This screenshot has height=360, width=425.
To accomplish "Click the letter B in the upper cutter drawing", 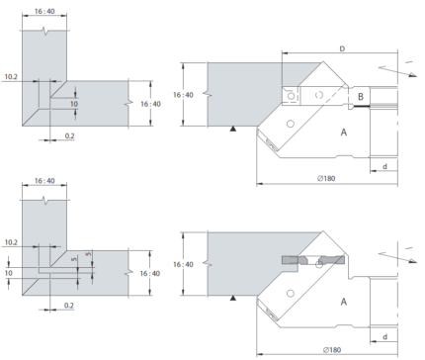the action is pyautogui.click(x=361, y=97).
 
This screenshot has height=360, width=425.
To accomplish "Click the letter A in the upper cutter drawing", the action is pyautogui.click(x=344, y=133).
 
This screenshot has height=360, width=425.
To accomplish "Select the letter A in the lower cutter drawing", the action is pyautogui.click(x=344, y=302).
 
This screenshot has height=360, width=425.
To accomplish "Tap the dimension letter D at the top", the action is pyautogui.click(x=342, y=48).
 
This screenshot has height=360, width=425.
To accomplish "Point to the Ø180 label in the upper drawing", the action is pyautogui.click(x=326, y=178).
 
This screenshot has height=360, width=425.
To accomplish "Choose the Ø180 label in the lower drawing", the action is pyautogui.click(x=332, y=350).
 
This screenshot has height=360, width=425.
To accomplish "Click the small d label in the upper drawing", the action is pyautogui.click(x=384, y=166).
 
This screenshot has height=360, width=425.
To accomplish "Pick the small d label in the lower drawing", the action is pyautogui.click(x=384, y=337).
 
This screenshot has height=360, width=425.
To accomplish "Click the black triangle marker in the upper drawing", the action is pyautogui.click(x=233, y=129).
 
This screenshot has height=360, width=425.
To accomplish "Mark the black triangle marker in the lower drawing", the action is pyautogui.click(x=233, y=299).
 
